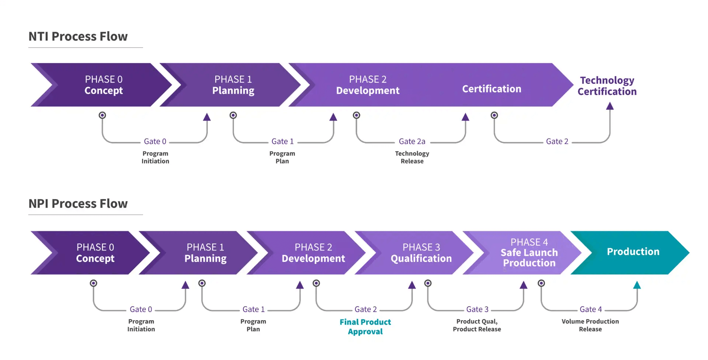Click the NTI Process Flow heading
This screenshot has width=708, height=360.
point(78,37)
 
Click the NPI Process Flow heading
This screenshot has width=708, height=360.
point(78,204)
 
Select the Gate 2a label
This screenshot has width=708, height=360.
point(412,142)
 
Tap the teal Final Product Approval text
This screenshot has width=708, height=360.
point(365,326)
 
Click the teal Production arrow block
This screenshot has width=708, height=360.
point(633,252)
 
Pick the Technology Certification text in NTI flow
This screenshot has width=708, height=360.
point(607,86)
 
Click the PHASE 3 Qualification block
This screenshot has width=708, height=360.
point(421,253)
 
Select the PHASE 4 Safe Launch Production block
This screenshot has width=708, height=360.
point(529,253)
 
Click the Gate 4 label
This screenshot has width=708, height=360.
point(590,309)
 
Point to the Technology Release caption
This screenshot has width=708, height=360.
point(412,157)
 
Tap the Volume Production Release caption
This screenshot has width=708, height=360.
point(590,325)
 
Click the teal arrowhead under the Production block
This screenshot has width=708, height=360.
point(637,285)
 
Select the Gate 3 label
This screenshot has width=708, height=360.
point(477,309)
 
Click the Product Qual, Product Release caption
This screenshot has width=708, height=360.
point(477,325)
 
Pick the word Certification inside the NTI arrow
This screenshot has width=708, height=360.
point(492,89)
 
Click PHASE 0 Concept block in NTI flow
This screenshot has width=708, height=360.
point(104,85)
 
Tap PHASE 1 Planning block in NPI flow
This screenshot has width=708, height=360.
point(205,253)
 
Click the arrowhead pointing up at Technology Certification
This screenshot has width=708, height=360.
point(610,106)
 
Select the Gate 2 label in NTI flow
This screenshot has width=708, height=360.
point(557,142)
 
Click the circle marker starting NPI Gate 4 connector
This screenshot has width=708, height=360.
point(541,283)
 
